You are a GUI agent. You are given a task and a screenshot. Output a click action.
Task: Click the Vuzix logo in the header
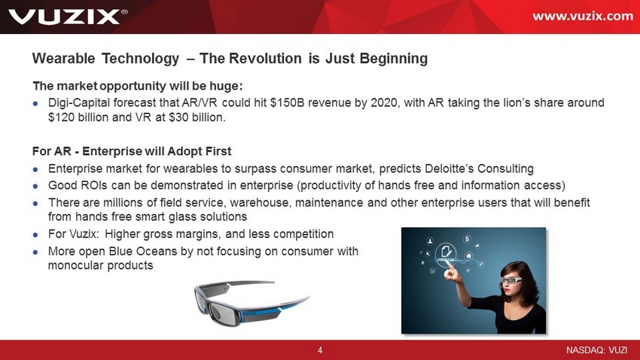click(68, 17)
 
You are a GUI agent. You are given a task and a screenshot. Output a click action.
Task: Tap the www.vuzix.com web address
click(583, 17)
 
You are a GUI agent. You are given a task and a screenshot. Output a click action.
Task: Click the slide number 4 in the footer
click(320, 350)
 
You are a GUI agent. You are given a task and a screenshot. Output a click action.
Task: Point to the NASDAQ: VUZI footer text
click(596, 350)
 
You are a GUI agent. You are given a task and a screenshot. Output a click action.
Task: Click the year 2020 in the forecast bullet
click(384, 102)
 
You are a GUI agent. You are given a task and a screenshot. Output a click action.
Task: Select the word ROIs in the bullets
click(94, 185)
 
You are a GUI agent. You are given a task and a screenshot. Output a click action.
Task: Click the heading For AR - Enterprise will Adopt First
click(132, 151)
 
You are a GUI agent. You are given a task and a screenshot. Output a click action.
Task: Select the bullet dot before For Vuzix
click(35, 235)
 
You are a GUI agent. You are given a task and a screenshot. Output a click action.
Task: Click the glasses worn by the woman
click(511, 280)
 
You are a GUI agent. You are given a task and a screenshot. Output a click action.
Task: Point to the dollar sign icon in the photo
click(468, 238)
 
